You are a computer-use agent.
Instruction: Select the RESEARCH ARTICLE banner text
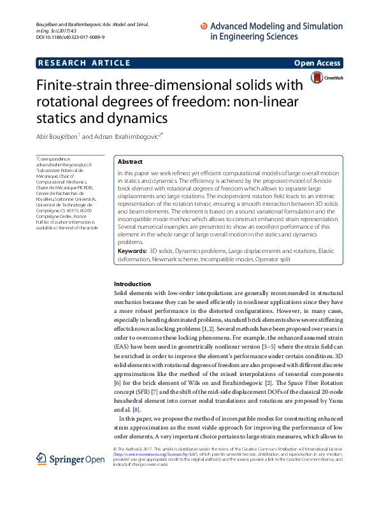pos(85,63)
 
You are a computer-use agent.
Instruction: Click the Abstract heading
pos(131,163)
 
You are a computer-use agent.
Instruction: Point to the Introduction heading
pos(132,284)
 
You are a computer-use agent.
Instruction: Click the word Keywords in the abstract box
pos(132,252)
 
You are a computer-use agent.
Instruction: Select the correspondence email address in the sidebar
pos(64,164)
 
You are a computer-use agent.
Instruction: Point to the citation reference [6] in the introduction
pos(117,382)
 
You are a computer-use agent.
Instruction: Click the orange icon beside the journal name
pos(204,26)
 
